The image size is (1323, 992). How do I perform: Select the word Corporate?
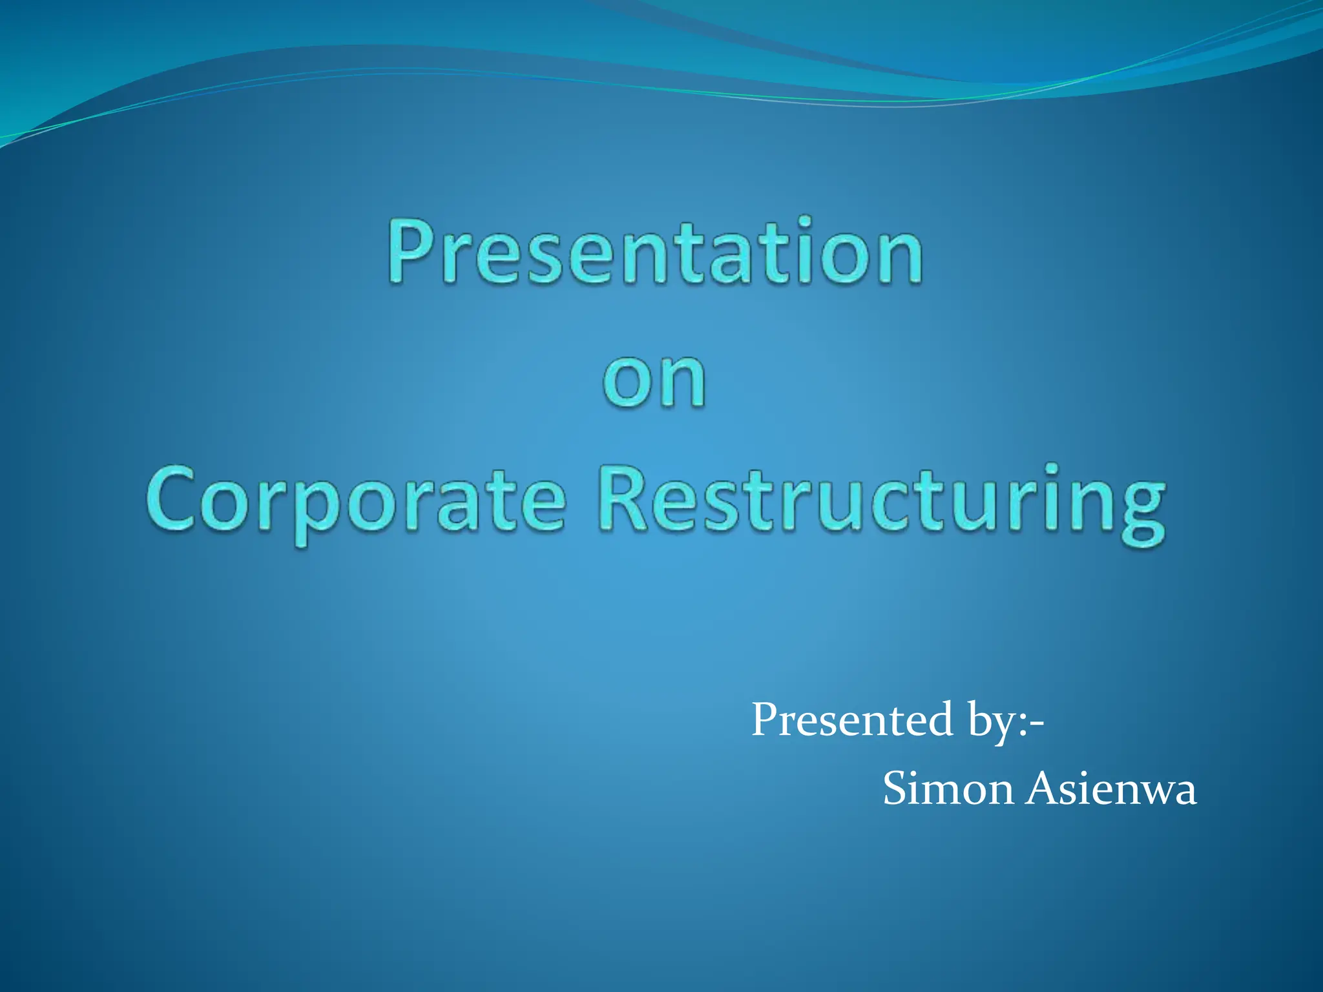[355, 502]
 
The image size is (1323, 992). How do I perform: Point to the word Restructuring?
[882, 502]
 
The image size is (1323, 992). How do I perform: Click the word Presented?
[852, 720]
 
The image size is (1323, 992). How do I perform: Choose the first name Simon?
[948, 789]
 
